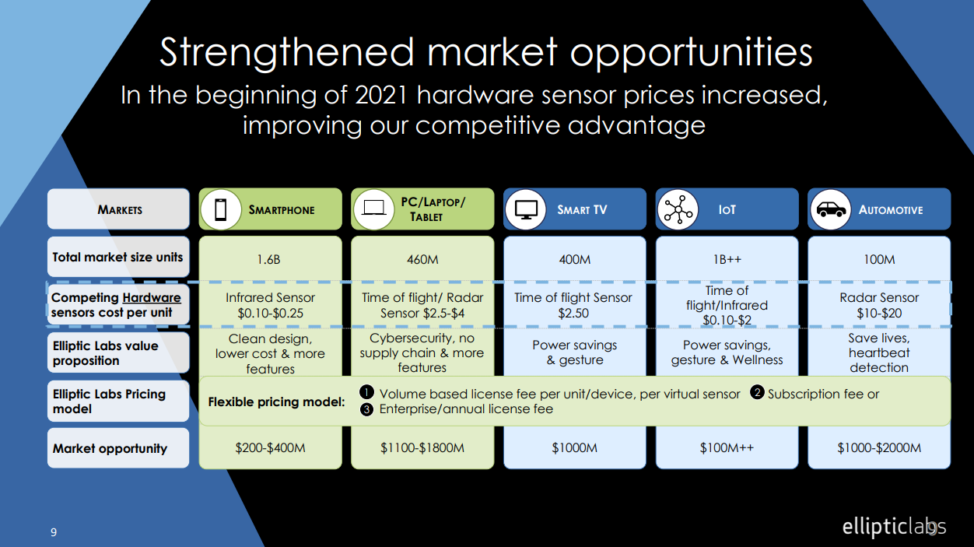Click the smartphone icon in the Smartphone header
(221, 209)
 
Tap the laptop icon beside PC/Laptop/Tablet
(373, 209)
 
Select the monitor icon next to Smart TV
(526, 209)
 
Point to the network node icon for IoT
(678, 209)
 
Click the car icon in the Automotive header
(831, 209)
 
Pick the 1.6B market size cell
(268, 260)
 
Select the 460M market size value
(422, 260)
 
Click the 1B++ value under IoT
(727, 260)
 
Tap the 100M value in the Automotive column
(879, 260)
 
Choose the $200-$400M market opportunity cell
(270, 447)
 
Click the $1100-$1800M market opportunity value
(422, 447)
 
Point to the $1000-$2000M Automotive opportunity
(879, 447)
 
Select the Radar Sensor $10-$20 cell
(879, 305)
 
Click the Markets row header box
(119, 209)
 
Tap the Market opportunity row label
(110, 448)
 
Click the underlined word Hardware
(152, 298)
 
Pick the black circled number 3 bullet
(366, 409)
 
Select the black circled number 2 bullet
(757, 393)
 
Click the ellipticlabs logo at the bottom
(894, 527)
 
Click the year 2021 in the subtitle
(381, 95)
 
